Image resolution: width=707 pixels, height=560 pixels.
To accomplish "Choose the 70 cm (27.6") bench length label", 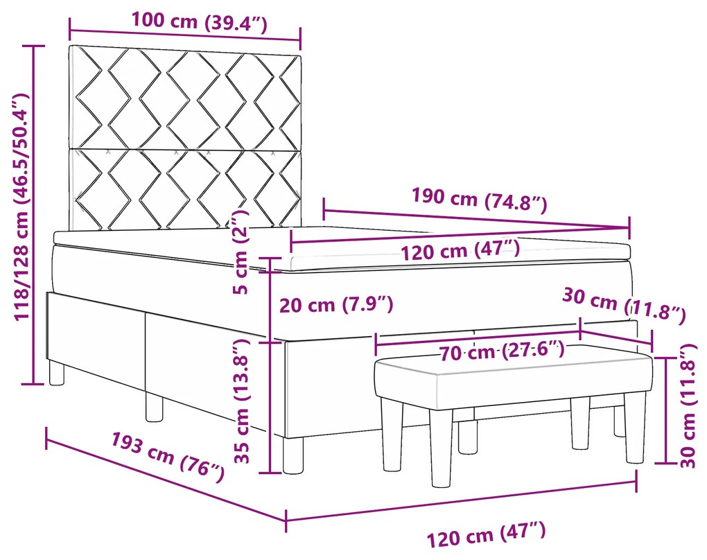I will coord(502,351).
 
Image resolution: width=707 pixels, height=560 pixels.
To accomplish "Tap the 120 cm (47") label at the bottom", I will coord(486,534).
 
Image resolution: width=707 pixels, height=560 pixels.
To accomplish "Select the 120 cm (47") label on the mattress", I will coord(460,250).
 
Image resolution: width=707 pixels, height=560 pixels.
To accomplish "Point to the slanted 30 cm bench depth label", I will coord(623,307).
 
